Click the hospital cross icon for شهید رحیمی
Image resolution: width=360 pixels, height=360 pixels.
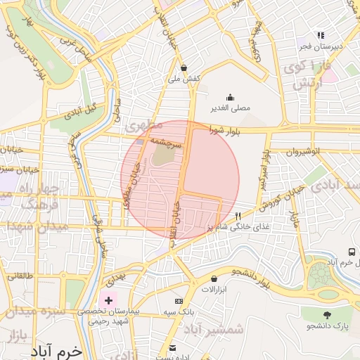pyautogui.click(x=108, y=300)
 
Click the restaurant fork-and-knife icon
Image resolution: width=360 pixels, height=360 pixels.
pyautogui.click(x=238, y=216)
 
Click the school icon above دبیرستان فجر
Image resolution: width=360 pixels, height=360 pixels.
pyautogui.click(x=321, y=35)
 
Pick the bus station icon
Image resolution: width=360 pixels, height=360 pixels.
pyautogui.click(x=351, y=252)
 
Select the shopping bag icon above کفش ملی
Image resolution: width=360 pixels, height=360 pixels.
pyautogui.click(x=184, y=68)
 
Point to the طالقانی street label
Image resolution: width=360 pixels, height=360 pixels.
pyautogui.click(x=20, y=276)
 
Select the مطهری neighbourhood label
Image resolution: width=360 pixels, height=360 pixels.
pyautogui.click(x=143, y=127)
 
